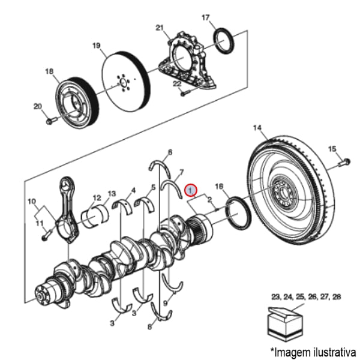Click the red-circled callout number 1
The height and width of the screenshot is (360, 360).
[x=190, y=190]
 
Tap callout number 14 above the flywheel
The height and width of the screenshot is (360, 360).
[x=257, y=127]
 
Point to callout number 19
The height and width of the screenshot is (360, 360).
[x=95, y=46]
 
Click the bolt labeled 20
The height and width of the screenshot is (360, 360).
[x=50, y=122]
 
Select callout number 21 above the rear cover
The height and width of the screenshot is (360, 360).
[x=159, y=28]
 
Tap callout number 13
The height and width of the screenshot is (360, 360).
[x=112, y=194]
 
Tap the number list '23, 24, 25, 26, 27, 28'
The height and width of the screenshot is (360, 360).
[x=306, y=296]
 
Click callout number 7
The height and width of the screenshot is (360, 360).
[x=181, y=172]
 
